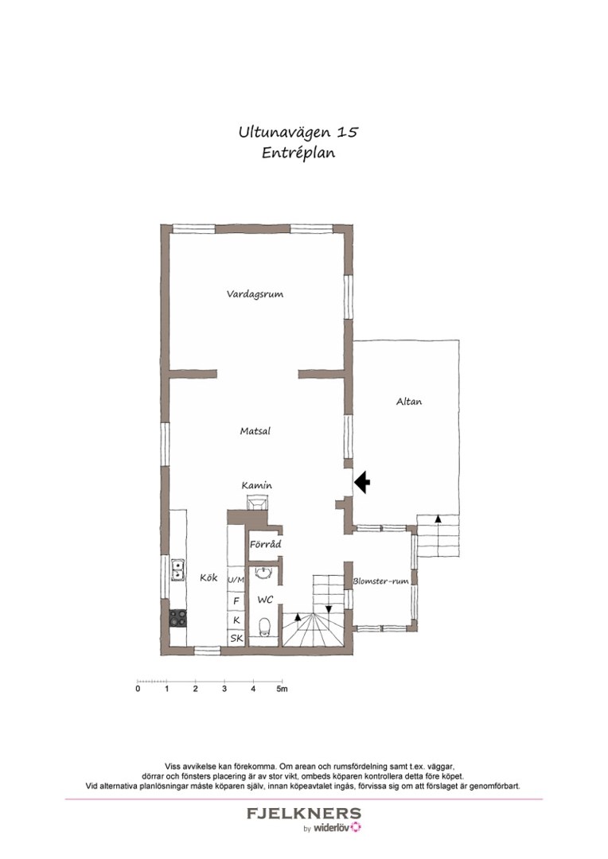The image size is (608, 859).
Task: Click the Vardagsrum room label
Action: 255,294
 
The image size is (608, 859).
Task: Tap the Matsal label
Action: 255,432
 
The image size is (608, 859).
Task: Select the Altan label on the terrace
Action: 409,402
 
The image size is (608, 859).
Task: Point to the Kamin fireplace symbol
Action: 258,502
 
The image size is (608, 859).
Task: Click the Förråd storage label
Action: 265,545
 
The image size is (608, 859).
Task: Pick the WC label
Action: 265,600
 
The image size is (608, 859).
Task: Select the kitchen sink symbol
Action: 177,570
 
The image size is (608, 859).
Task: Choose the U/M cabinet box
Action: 236,581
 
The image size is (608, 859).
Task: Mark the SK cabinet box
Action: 236,638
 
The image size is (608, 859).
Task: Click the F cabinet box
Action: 236,601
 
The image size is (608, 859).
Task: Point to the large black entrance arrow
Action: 362,481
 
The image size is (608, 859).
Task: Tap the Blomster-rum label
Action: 380,581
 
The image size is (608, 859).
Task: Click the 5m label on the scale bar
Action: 282,689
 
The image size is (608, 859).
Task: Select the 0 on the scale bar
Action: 138,689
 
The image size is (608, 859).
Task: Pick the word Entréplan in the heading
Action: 298,154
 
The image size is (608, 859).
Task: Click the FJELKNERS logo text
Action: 303,814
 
